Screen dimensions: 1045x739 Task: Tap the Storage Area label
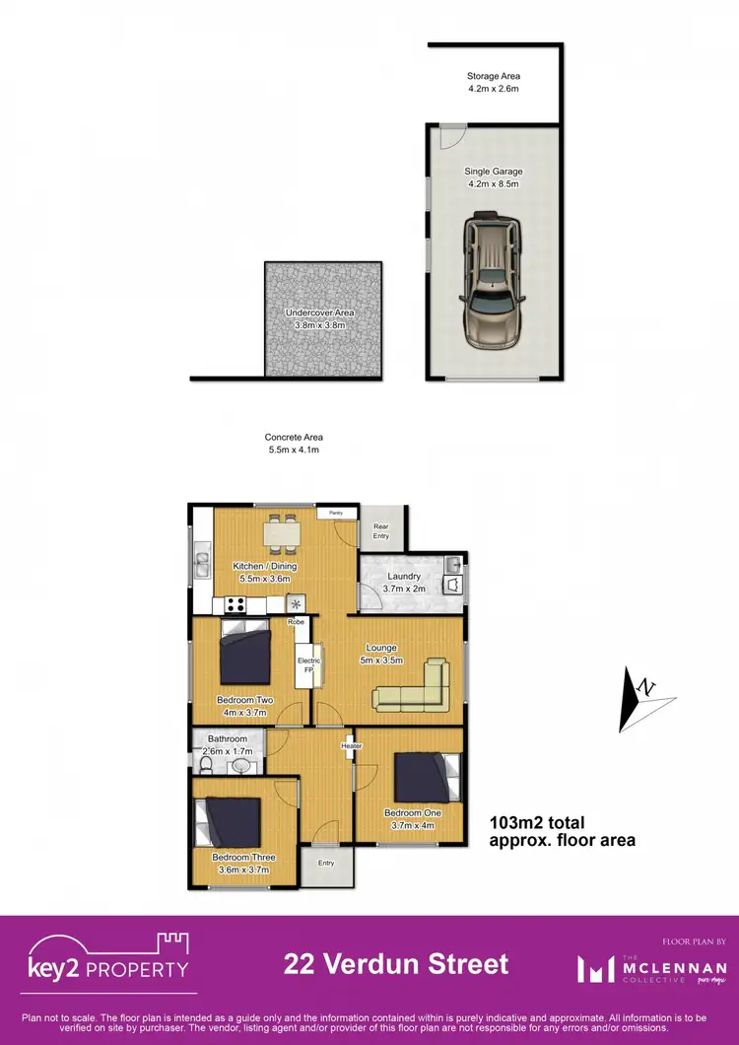pyautogui.click(x=493, y=82)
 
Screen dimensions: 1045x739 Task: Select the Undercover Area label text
pyautogui.click(x=319, y=318)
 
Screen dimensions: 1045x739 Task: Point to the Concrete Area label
pyautogui.click(x=294, y=444)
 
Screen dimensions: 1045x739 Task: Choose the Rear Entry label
pyautogui.click(x=380, y=531)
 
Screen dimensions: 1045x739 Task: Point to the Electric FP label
pyautogui.click(x=303, y=664)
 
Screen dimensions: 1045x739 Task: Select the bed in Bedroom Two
pyautogui.click(x=245, y=653)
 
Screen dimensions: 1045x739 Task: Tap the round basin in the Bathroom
pyautogui.click(x=240, y=764)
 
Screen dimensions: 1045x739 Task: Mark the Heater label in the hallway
pyautogui.click(x=351, y=745)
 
